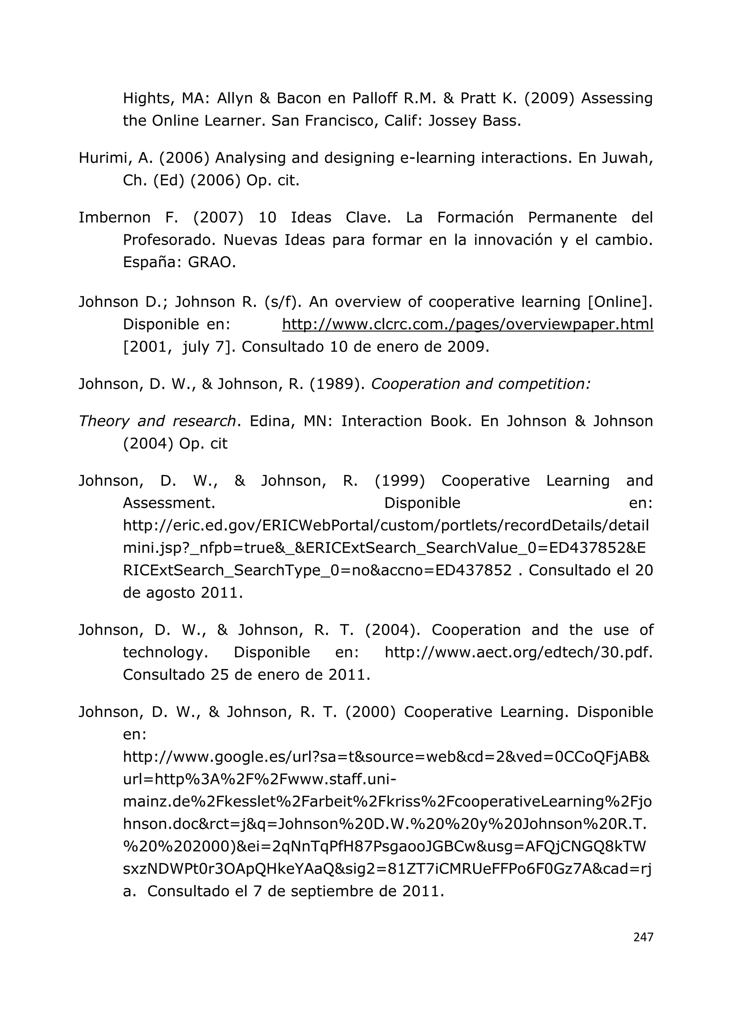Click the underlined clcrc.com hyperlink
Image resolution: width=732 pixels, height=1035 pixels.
click(x=468, y=324)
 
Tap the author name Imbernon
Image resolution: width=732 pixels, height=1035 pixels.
click(x=114, y=218)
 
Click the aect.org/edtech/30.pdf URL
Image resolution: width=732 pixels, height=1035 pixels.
click(x=518, y=652)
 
